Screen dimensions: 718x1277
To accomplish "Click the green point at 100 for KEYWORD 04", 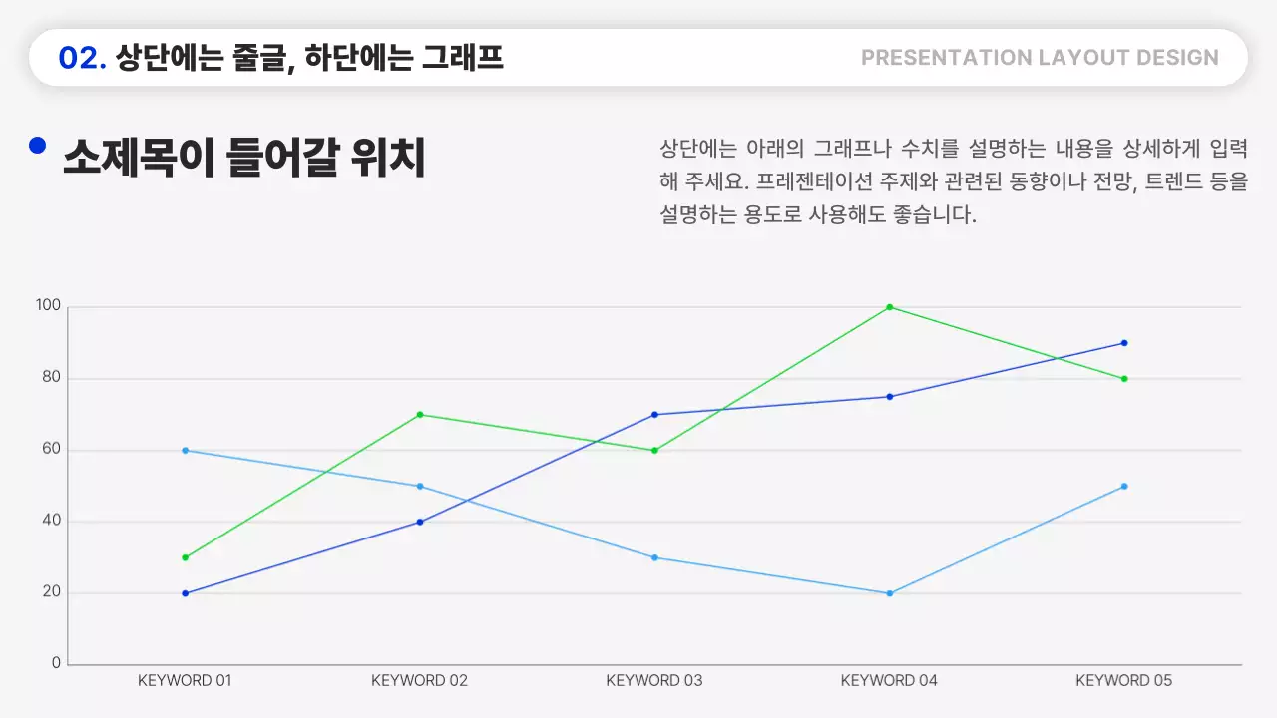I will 890,307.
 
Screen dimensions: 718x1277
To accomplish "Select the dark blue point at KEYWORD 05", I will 1124,343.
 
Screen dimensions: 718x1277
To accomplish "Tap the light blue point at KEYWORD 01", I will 185,451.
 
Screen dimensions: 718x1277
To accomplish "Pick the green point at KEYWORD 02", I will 420,415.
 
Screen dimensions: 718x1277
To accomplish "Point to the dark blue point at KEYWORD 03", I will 654,415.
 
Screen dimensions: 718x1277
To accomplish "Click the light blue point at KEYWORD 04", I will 890,593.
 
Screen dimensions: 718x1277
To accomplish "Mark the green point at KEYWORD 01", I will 185,557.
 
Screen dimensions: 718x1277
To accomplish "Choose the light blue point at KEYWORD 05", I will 1124,487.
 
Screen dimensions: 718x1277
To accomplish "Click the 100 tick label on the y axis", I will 48,306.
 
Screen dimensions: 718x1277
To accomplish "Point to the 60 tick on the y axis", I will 51,450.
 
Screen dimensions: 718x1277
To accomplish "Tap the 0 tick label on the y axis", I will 56,663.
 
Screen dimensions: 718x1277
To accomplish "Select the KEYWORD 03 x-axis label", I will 654,681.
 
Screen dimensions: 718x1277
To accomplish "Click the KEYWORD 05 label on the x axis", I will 1123,681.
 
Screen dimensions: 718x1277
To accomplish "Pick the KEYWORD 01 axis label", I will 185,681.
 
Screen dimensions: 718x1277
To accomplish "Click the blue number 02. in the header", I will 83,58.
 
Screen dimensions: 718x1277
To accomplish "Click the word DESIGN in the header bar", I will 1175,58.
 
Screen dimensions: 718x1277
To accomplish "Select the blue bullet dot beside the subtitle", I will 38,146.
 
